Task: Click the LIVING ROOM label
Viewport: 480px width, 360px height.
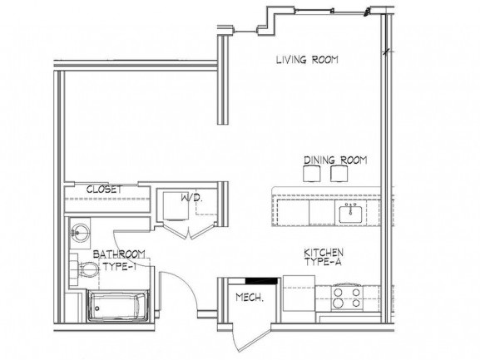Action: click(x=307, y=59)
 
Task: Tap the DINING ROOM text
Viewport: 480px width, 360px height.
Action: click(x=335, y=160)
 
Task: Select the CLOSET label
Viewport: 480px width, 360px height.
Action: click(x=104, y=190)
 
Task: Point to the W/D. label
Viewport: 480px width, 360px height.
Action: click(x=192, y=197)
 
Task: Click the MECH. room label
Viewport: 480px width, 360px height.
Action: click(x=250, y=298)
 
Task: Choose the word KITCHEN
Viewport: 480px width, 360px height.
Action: click(x=324, y=253)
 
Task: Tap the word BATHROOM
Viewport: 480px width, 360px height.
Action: click(x=119, y=254)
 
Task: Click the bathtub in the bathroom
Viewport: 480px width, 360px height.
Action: click(x=118, y=306)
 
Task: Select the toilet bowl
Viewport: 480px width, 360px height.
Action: click(x=89, y=269)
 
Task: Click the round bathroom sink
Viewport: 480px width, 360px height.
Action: click(x=80, y=233)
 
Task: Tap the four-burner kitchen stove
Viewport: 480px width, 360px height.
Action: click(x=347, y=298)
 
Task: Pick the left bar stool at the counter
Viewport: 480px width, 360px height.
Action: click(x=312, y=174)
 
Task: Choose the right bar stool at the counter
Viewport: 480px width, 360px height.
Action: click(x=339, y=174)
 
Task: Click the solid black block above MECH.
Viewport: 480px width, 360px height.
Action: click(x=261, y=280)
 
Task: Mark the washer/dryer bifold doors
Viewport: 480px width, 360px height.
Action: click(x=188, y=231)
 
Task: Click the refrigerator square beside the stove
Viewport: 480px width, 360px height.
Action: click(x=299, y=293)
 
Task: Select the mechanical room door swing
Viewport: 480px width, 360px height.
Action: click(x=250, y=339)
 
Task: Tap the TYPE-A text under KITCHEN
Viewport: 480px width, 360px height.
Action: click(x=323, y=262)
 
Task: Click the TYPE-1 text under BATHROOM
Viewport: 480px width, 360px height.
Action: click(x=120, y=267)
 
